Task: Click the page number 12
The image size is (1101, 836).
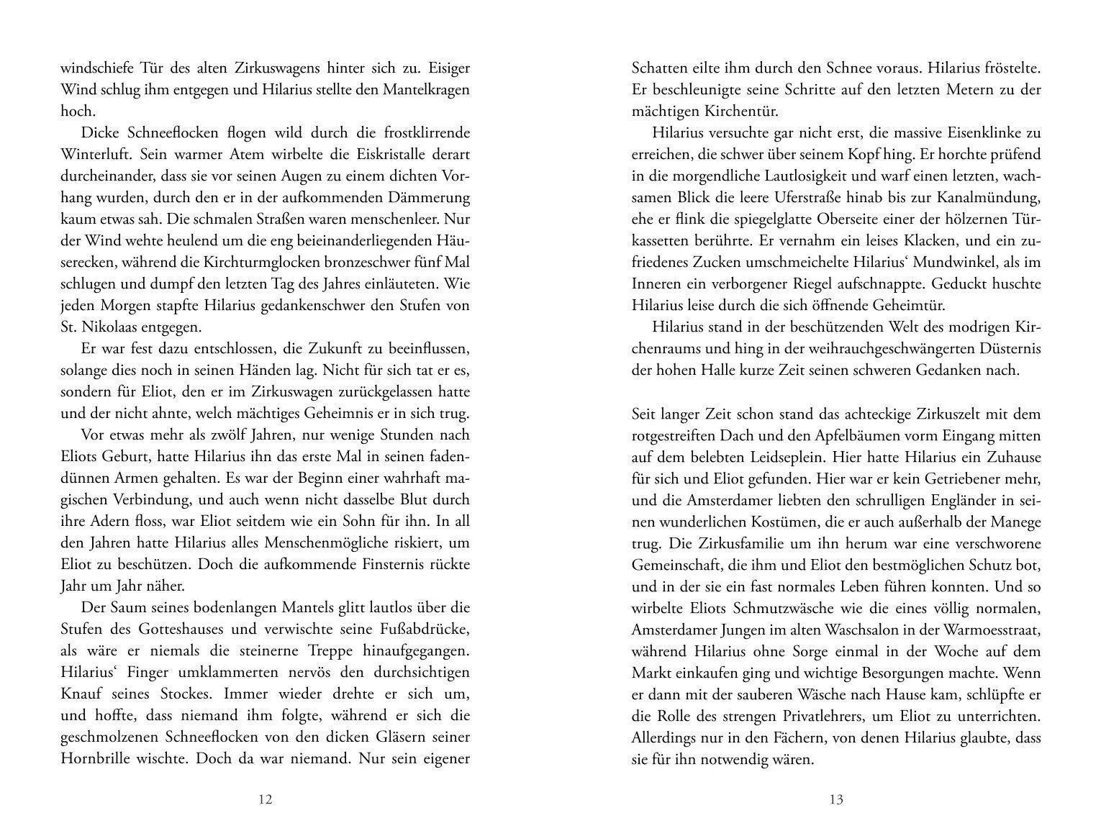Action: point(265,799)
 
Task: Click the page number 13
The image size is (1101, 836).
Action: point(836,799)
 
